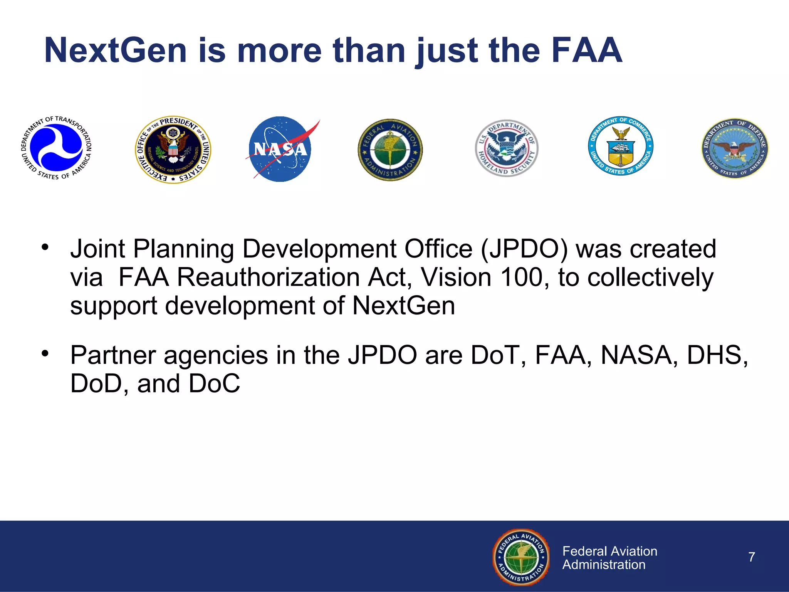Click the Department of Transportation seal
[56, 148]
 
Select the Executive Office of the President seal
[173, 150]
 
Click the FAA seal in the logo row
[390, 150]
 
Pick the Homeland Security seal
[506, 148]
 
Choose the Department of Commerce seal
[620, 146]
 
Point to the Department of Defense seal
[735, 148]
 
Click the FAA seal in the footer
[522, 557]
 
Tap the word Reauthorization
[268, 277]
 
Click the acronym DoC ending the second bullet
[214, 384]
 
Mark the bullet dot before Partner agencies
[45, 353]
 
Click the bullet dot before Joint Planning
[45, 247]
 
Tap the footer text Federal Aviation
[609, 551]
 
